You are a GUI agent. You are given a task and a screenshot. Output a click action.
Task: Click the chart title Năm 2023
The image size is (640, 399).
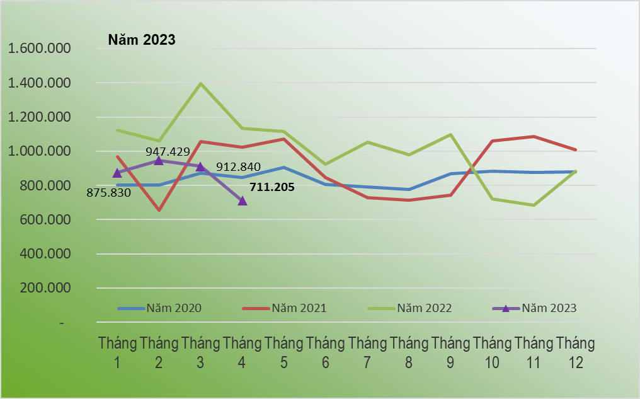coord(141,40)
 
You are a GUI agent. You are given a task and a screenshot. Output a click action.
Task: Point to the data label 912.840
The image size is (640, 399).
coord(238,167)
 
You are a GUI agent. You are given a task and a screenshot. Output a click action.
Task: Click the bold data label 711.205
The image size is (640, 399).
coord(272,187)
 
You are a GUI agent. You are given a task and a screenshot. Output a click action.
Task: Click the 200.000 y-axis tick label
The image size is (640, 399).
coord(46,288)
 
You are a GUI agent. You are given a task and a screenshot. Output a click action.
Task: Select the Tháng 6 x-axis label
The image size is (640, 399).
coord(326,352)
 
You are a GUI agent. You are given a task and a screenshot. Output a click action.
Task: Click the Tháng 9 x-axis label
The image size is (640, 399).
coord(450,352)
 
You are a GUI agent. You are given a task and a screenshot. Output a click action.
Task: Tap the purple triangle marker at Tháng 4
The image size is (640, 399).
coord(243,200)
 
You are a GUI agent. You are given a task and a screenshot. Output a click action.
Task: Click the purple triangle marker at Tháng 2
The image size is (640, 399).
coord(159,160)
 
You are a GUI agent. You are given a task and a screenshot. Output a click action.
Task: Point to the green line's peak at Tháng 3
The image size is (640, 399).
coord(200,84)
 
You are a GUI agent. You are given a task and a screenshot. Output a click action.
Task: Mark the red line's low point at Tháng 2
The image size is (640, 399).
coord(159,210)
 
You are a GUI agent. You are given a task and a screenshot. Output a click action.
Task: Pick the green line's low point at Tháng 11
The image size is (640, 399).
coord(534,205)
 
